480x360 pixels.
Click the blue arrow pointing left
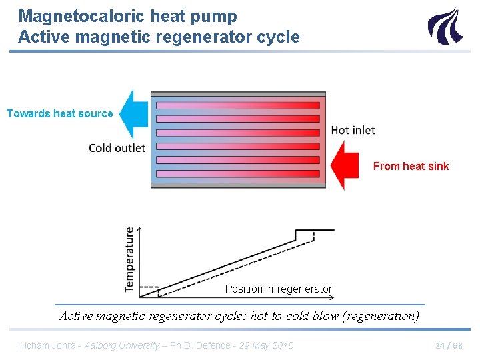pos(135,115)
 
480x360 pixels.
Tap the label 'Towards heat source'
pos(60,113)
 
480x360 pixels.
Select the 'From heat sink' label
pos(411,166)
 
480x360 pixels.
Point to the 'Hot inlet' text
pos(353,130)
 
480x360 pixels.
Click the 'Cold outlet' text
pos(117,147)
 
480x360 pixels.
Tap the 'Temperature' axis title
pos(129,259)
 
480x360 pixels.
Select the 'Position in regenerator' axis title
pos(278,289)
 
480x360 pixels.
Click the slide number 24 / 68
pos(449,345)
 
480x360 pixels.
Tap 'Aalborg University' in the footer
pos(121,345)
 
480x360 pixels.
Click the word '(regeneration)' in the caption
pos(380,316)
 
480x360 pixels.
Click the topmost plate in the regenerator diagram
pos(238,105)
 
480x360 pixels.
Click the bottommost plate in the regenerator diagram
pos(238,174)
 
